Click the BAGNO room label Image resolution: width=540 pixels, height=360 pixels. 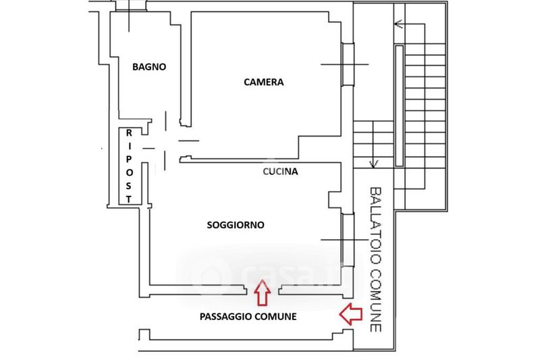tap(149, 67)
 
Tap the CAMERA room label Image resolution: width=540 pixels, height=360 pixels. tap(264, 82)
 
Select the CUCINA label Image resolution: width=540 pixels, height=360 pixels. tap(280, 172)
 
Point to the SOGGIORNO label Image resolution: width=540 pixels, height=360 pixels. tap(236, 225)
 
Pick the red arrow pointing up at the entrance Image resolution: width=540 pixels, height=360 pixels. tap(263, 292)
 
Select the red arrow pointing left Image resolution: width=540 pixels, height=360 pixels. tap(351, 314)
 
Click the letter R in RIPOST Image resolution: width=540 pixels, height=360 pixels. tap(129, 132)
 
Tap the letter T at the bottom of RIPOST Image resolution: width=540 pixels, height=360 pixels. tap(129, 199)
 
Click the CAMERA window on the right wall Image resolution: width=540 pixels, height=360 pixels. tap(348, 64)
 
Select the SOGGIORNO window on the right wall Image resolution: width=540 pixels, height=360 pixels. tap(348, 239)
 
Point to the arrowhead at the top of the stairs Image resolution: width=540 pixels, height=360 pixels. tap(398, 24)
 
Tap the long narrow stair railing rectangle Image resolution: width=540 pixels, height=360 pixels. tap(399, 106)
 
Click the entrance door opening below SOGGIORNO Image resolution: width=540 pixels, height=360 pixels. tap(263, 290)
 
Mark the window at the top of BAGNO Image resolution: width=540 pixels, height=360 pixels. tap(130, 7)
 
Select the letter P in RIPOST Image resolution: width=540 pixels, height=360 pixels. tap(129, 159)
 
